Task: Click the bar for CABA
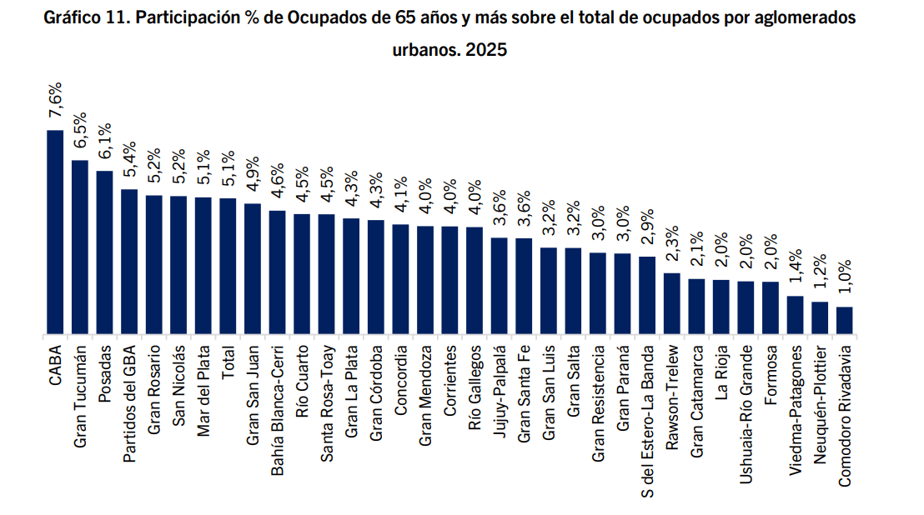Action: (x=55, y=232)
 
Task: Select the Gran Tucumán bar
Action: (x=79, y=247)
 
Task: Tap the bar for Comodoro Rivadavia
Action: (x=845, y=320)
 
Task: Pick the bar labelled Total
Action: (x=228, y=266)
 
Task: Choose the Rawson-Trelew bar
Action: (x=672, y=303)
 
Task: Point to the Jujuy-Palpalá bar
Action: (x=500, y=286)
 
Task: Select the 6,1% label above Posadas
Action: (x=104, y=142)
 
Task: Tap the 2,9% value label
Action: (x=647, y=227)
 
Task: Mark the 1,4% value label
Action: (x=795, y=267)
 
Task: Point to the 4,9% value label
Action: (x=252, y=175)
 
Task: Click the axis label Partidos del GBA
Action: (x=129, y=404)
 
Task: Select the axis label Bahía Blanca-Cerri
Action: (x=277, y=411)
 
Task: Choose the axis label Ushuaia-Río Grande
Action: (x=746, y=415)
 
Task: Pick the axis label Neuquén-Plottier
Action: (x=820, y=405)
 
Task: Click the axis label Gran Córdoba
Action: (x=376, y=393)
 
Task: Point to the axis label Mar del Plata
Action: (x=203, y=391)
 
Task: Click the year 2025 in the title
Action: (x=486, y=49)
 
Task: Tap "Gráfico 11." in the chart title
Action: (x=87, y=17)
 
